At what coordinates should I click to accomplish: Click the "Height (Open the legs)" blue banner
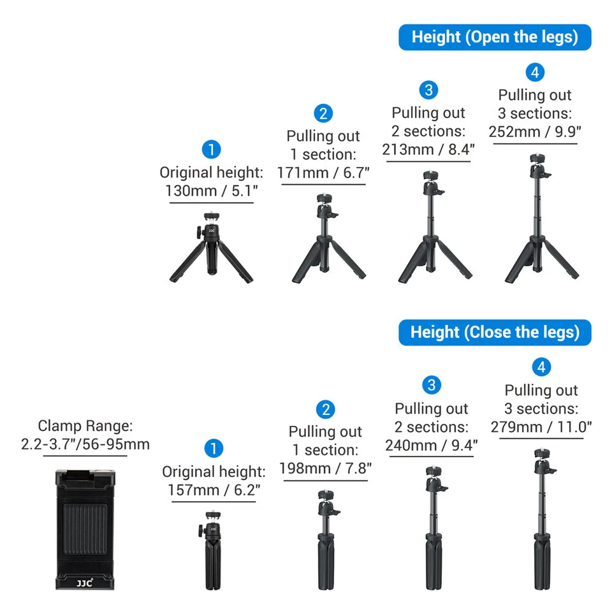click(495, 37)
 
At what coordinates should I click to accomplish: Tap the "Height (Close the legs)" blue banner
click(495, 332)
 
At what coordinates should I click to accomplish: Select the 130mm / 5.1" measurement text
click(211, 191)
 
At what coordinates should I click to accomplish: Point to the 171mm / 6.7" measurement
click(323, 172)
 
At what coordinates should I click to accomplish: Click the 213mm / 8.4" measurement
click(428, 149)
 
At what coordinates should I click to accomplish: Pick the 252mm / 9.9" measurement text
click(535, 131)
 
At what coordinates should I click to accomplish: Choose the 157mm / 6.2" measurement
click(214, 490)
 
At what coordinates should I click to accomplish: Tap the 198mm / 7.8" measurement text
click(325, 468)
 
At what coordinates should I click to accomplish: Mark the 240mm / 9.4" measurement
click(432, 445)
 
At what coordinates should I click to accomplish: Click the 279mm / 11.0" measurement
click(541, 426)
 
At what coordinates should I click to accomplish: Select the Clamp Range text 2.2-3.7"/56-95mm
click(85, 444)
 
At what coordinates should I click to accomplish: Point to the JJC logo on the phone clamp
click(84, 581)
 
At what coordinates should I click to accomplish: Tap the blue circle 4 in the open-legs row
click(535, 73)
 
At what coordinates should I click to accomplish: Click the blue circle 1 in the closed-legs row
click(214, 449)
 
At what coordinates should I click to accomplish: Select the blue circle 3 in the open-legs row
click(428, 90)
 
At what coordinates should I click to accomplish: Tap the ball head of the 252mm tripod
click(535, 168)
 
